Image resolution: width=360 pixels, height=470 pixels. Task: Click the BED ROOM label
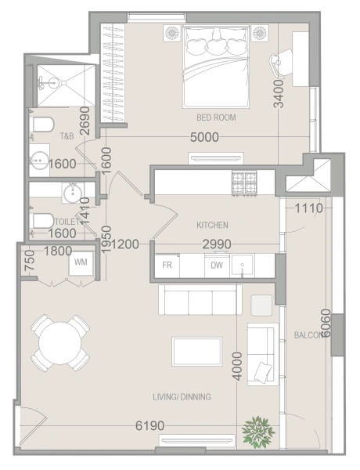coord(216,117)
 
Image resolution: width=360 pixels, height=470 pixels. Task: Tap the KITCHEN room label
coord(212,225)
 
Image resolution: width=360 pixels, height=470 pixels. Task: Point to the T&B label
coord(67,136)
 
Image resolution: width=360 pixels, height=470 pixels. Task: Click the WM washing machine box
coord(80,262)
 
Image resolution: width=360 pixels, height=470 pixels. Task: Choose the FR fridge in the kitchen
coord(166,266)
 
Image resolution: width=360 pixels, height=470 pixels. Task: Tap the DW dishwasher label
coord(216,266)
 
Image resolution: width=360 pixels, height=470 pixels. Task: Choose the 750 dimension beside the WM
coord(29,261)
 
